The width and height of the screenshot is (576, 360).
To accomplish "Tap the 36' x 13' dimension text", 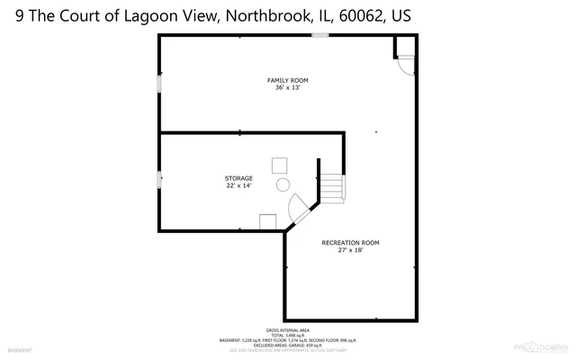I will [287, 88].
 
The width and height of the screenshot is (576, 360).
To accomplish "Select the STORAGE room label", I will [238, 178].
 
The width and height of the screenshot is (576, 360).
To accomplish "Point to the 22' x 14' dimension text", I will [238, 185].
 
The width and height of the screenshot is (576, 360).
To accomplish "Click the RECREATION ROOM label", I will [350, 243].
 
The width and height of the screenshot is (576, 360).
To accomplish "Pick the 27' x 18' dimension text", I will [350, 250].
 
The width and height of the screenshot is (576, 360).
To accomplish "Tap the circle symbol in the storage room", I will [282, 184].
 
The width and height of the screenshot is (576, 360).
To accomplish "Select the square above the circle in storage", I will [280, 165].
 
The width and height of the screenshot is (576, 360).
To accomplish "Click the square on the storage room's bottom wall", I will [268, 221].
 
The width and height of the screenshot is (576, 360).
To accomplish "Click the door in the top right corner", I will [405, 58].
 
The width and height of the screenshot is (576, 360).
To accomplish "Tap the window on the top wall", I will [319, 35].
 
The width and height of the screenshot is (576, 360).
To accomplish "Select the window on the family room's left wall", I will [159, 84].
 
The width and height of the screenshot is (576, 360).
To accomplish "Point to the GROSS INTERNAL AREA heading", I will [287, 330].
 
